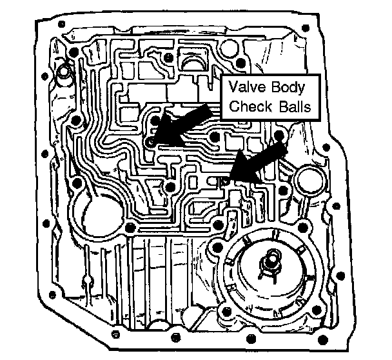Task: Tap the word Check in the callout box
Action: [248, 106]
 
